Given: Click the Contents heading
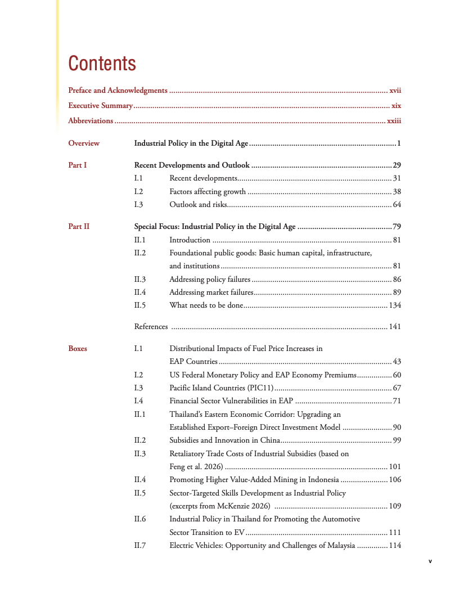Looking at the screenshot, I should [x=102, y=64].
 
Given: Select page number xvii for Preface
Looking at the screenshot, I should [x=395, y=90].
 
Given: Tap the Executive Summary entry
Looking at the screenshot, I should [x=100, y=105].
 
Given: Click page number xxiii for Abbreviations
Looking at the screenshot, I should [x=394, y=120].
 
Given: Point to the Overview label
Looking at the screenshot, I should [x=84, y=143].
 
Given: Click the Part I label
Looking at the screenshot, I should [x=78, y=165].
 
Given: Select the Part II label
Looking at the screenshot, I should [x=79, y=227].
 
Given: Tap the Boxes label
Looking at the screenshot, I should [x=78, y=349].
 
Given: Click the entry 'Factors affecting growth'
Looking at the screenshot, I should [x=208, y=192].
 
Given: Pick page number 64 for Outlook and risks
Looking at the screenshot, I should [x=397, y=205].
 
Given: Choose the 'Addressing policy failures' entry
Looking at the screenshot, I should [x=210, y=280].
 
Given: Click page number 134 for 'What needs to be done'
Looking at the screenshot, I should [x=395, y=305].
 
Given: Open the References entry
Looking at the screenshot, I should [x=151, y=327].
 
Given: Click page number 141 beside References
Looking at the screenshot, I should [x=395, y=327].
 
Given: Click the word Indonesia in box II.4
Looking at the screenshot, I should [x=323, y=480].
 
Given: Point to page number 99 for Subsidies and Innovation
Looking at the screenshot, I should [x=397, y=440].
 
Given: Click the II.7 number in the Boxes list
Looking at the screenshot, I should [x=140, y=546].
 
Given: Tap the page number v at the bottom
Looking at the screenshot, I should [x=430, y=561].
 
